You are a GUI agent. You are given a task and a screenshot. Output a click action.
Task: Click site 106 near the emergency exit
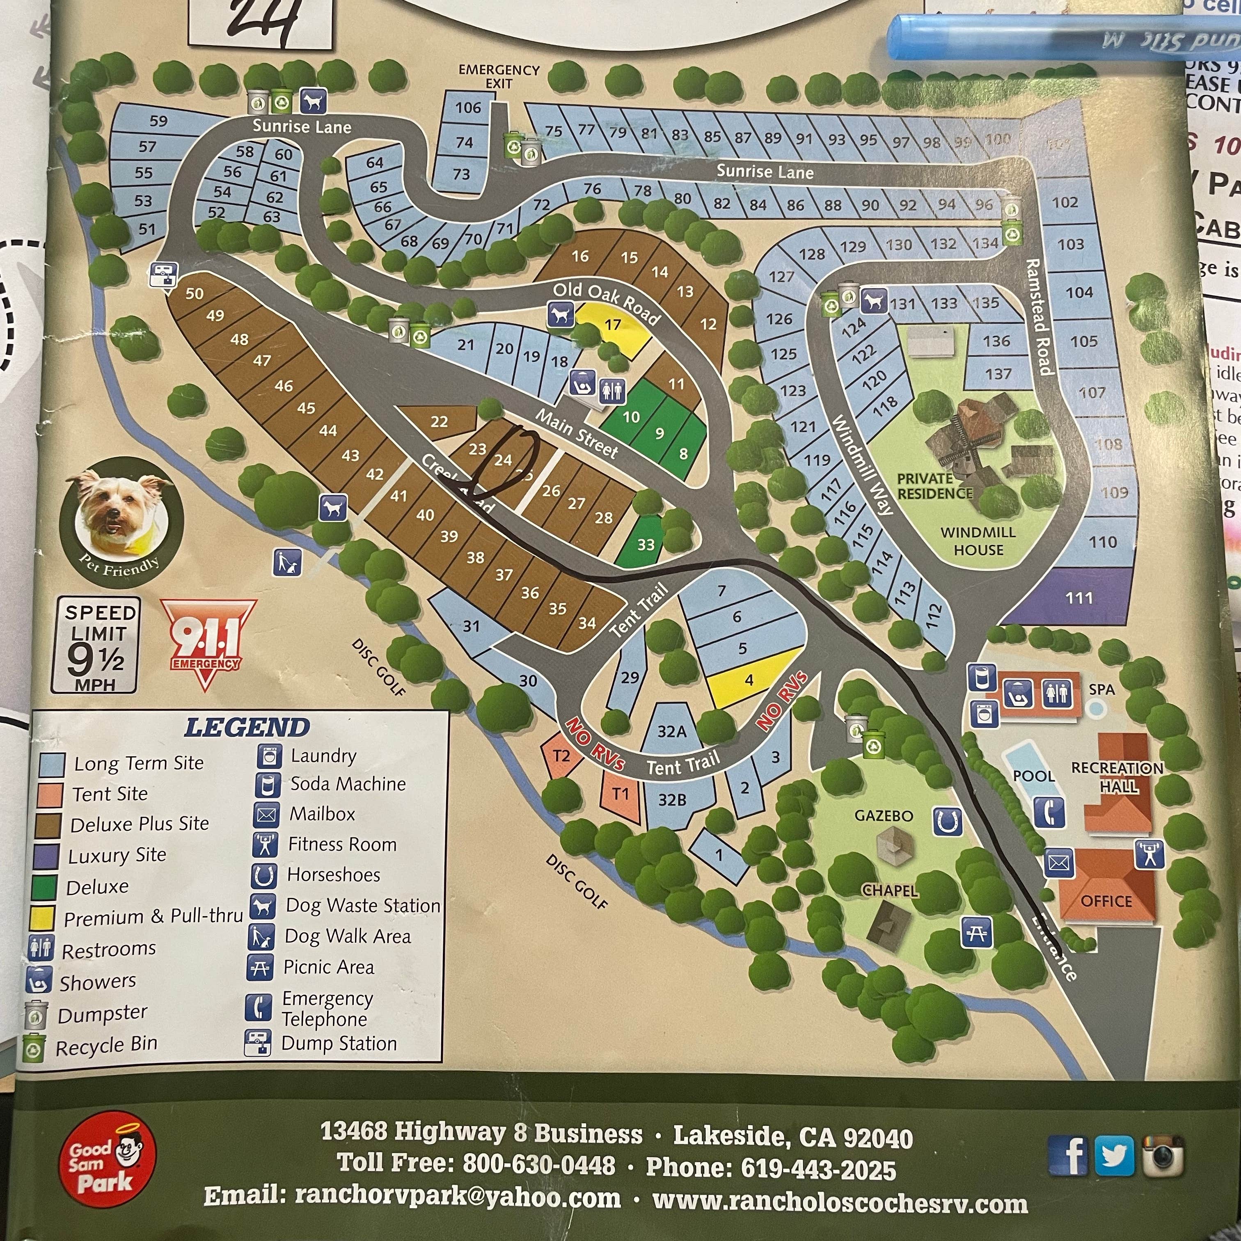467,108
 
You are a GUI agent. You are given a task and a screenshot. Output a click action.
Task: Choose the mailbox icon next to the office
1058,862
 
